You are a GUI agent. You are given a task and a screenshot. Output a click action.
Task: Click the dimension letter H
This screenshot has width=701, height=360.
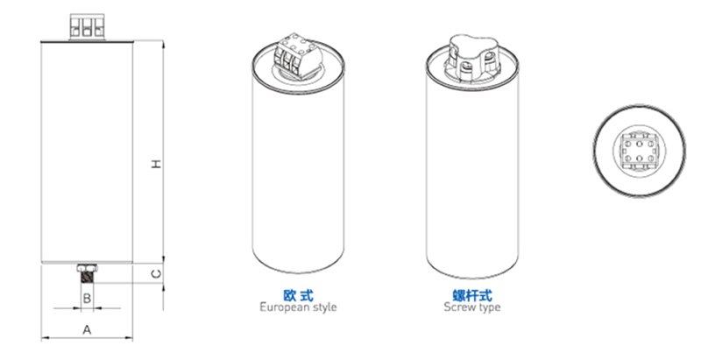156,164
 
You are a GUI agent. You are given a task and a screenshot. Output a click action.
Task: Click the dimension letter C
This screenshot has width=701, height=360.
156,273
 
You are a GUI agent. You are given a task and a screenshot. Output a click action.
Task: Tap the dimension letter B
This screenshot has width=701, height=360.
87,298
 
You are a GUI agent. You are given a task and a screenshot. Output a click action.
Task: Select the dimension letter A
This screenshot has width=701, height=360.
87,329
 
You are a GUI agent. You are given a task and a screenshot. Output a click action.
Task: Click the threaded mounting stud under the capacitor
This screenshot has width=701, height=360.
87,277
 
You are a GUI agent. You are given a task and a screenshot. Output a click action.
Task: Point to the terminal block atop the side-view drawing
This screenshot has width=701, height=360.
87,27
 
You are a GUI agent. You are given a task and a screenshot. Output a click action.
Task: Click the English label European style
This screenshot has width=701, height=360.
298,307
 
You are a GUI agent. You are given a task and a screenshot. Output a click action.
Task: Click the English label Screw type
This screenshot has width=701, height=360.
472,307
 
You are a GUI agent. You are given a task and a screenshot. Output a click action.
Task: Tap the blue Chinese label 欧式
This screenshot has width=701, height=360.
298,295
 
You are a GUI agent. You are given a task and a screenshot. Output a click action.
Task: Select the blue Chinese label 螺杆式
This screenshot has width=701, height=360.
472,295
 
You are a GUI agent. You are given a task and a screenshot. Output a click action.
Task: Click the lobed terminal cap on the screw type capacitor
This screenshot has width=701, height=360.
472,56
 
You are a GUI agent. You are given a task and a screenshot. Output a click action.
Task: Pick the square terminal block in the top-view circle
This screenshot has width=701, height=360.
639,152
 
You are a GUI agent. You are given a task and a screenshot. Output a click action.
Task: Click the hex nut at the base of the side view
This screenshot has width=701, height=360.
87,267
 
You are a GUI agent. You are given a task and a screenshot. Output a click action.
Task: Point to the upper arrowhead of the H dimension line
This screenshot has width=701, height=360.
163,44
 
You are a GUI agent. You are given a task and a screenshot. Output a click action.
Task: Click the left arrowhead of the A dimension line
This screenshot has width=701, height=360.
46,338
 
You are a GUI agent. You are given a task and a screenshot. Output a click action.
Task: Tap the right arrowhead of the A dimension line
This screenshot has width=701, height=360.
129,338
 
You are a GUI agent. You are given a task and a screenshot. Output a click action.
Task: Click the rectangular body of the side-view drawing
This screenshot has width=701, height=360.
87,152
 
